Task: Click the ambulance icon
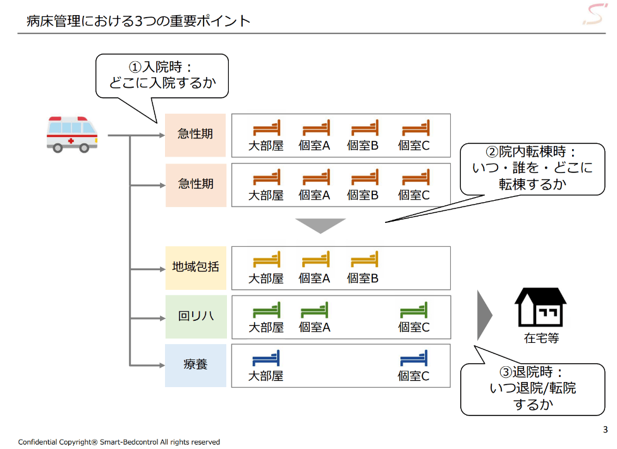point(72,133)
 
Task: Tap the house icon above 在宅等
point(541,306)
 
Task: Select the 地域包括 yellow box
point(196,268)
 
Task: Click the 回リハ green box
point(196,316)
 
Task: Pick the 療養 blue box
point(196,365)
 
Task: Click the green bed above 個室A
point(314,310)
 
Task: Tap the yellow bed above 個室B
point(363,260)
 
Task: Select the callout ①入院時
point(162,75)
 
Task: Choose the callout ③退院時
point(532,388)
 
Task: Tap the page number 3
point(604,430)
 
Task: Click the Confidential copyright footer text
point(119,442)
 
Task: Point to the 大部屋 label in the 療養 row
point(266,376)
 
